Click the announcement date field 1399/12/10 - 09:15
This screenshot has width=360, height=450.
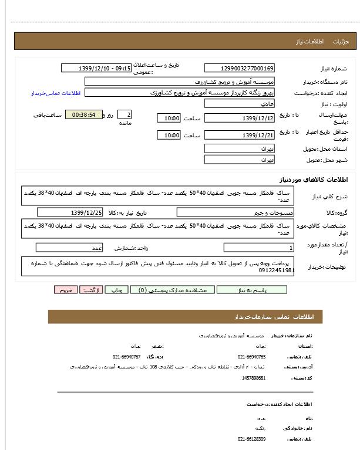coord(96,68)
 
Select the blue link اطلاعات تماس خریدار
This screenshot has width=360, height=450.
coord(54,93)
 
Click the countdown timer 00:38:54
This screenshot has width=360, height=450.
coord(84,114)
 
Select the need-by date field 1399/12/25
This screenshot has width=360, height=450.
coord(86,212)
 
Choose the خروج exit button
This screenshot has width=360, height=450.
coord(65,290)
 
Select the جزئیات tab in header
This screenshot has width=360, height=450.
coord(341,42)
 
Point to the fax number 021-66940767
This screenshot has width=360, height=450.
coord(126,356)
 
